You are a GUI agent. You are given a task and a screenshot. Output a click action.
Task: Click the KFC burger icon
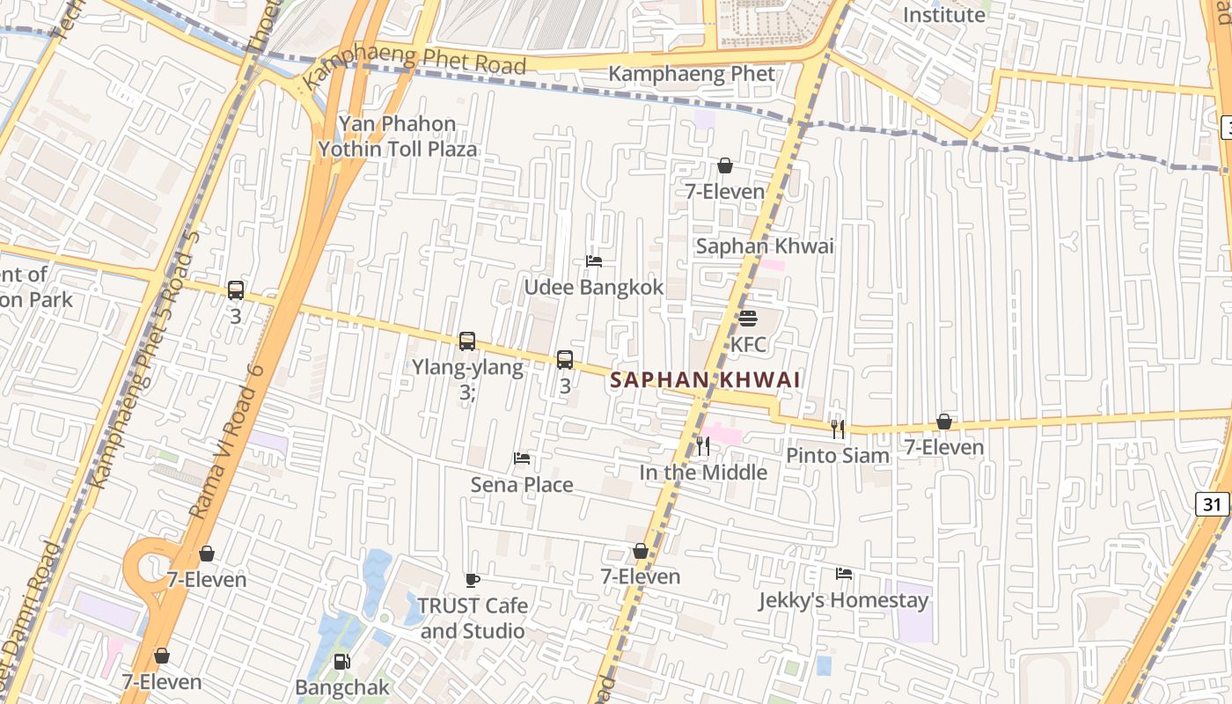(x=748, y=318)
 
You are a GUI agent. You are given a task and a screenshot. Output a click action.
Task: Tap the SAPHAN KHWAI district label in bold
(x=705, y=380)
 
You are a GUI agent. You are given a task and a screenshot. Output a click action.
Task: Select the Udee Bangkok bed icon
(x=594, y=261)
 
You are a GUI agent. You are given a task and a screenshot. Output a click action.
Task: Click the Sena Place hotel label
(x=522, y=485)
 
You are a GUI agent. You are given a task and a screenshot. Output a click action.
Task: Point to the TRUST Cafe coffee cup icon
(x=473, y=580)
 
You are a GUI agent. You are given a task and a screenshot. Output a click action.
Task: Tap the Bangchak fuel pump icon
(x=341, y=661)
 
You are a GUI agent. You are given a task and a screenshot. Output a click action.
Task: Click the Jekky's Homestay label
(x=843, y=601)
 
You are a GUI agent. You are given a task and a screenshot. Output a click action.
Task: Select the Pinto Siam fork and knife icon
(x=838, y=429)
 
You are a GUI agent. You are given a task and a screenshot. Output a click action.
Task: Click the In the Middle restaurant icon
(x=702, y=446)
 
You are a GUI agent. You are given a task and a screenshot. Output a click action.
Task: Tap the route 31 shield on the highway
(x=1213, y=504)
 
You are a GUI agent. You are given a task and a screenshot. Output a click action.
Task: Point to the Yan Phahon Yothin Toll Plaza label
(x=398, y=136)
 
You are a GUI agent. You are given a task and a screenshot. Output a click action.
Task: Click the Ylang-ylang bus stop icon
(x=467, y=341)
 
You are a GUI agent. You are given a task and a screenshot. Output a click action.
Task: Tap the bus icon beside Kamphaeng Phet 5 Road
(x=235, y=290)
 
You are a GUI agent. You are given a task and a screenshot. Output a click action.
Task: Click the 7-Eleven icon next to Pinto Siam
(x=944, y=422)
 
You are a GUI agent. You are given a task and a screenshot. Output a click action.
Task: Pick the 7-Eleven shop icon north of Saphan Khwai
(x=725, y=165)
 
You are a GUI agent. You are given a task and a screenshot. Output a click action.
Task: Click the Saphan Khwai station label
(x=765, y=246)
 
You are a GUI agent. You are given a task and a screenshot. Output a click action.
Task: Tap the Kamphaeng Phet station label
(x=692, y=74)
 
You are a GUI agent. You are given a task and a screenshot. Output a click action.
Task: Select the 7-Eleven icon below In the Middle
(x=641, y=551)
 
